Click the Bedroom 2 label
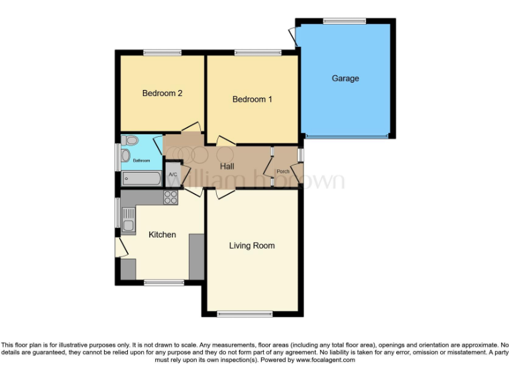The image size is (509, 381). (162, 93)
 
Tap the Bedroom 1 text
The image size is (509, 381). (253, 99)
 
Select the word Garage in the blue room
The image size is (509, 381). (345, 78)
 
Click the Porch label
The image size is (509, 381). (283, 171)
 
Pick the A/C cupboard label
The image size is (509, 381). (172, 175)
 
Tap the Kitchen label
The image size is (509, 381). (162, 235)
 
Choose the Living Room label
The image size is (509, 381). (252, 245)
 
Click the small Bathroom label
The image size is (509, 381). (141, 160)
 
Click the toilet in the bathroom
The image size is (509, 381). (129, 141)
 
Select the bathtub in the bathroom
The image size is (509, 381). (141, 179)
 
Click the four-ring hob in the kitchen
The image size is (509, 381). (170, 196)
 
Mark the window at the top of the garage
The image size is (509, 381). (345, 21)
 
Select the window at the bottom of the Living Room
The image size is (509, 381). (245, 314)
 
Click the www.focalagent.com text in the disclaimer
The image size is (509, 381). (325, 360)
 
